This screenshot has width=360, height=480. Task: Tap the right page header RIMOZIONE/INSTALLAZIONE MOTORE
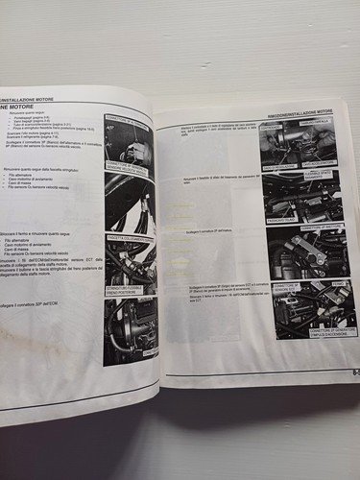(306, 113)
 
